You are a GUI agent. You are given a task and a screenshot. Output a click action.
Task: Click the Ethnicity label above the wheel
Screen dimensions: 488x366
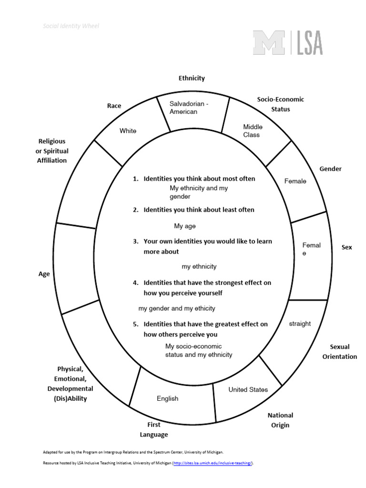pos(192,78)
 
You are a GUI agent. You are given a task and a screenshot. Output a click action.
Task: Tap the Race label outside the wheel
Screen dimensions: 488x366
pos(114,106)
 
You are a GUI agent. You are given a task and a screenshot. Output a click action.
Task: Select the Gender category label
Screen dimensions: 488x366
pos(330,169)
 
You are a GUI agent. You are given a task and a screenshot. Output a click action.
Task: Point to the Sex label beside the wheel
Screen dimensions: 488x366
pos(346,247)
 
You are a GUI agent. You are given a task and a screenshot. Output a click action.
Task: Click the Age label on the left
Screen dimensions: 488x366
pos(44,274)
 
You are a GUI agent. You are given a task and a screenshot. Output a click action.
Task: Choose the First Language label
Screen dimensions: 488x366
pos(153,429)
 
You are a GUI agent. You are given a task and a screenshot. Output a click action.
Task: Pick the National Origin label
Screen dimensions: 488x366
pos(280,420)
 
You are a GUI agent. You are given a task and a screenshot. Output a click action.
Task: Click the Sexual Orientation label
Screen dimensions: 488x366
pos(339,352)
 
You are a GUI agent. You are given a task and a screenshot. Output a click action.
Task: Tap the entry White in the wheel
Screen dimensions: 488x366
pos(128,131)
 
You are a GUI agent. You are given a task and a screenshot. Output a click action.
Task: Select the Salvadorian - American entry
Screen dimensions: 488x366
pos(189,108)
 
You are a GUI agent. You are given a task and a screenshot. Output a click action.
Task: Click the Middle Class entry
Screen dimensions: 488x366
pos(253,131)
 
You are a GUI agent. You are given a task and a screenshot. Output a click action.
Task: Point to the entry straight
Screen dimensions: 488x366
pos(300,324)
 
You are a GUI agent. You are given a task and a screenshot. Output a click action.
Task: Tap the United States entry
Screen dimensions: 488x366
pos(248,389)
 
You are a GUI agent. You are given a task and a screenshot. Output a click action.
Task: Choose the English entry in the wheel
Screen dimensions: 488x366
pos(167,398)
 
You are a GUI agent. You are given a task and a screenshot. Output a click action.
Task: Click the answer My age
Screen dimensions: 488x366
pos(184,226)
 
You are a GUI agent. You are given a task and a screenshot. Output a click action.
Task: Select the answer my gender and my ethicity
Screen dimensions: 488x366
pos(177,308)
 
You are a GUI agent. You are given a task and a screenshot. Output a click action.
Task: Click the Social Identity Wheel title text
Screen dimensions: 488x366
pos(71,26)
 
